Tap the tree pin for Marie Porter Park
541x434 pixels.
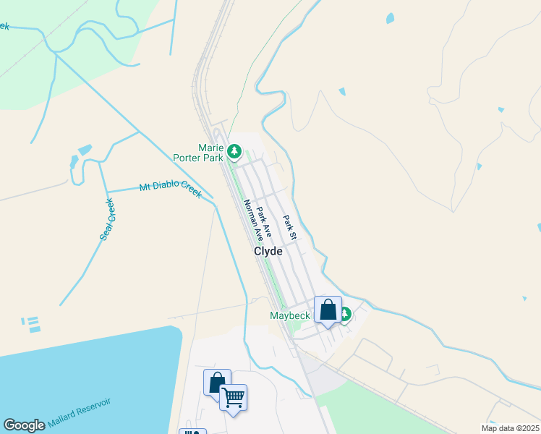point(234,151)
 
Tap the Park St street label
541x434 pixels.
point(289,227)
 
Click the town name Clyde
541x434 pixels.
point(268,252)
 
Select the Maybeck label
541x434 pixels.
point(290,315)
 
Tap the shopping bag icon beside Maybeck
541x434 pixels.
point(328,310)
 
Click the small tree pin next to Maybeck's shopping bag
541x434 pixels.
point(346,315)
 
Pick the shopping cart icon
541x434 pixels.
point(233,397)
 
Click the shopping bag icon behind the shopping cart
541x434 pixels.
point(216,380)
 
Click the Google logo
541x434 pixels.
point(25,425)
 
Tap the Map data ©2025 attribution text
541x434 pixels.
point(510,428)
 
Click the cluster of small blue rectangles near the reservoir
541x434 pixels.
point(30,324)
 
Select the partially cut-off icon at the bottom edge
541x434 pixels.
point(192,431)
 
